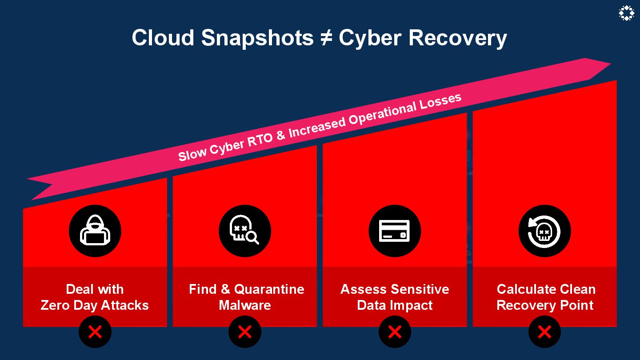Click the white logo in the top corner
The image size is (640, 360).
click(x=626, y=13)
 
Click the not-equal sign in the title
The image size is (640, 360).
click(x=326, y=38)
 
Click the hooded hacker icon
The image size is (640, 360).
click(x=95, y=231)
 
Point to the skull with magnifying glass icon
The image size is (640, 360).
click(x=244, y=231)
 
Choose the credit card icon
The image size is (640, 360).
click(x=395, y=231)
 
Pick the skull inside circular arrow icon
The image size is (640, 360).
click(x=544, y=231)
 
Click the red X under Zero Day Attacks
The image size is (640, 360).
click(x=95, y=332)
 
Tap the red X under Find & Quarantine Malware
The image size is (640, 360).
click(x=244, y=332)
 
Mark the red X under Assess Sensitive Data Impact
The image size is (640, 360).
click(x=395, y=332)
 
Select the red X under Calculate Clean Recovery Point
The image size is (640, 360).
click(x=544, y=332)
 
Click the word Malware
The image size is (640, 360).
click(x=245, y=305)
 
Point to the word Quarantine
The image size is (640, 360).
click(x=269, y=289)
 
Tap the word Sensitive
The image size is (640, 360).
click(x=420, y=289)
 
